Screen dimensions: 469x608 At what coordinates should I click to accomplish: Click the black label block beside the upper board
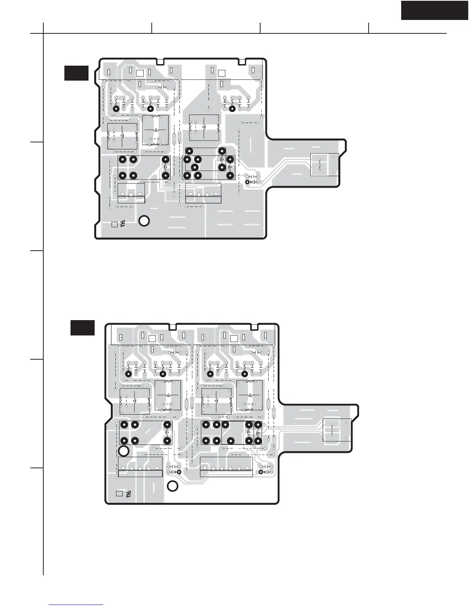[76, 73]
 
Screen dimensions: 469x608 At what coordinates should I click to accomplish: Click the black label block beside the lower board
[82, 327]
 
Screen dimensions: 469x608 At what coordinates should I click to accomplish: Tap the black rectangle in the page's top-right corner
[435, 10]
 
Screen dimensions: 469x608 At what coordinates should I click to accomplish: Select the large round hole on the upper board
[144, 221]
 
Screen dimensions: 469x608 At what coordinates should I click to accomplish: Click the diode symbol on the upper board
[253, 182]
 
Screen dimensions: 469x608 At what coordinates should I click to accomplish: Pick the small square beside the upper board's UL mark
[114, 224]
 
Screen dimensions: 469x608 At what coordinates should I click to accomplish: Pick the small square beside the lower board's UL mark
[119, 494]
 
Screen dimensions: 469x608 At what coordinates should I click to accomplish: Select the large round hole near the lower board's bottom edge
[173, 486]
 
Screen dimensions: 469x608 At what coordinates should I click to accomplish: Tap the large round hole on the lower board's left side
[124, 451]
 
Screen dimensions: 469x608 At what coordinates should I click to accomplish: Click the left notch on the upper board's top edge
[161, 61]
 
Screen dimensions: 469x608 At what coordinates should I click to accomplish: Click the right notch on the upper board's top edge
[242, 61]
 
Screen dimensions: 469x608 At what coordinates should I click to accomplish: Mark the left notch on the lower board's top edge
[172, 327]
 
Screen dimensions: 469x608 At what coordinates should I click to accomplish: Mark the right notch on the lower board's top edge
[253, 327]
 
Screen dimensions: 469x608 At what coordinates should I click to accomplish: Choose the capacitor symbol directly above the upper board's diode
[253, 176]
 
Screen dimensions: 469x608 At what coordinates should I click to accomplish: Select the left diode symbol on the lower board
[174, 472]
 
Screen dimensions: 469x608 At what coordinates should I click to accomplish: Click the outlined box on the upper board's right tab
[325, 164]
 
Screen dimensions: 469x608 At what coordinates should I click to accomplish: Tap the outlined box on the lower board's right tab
[337, 430]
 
